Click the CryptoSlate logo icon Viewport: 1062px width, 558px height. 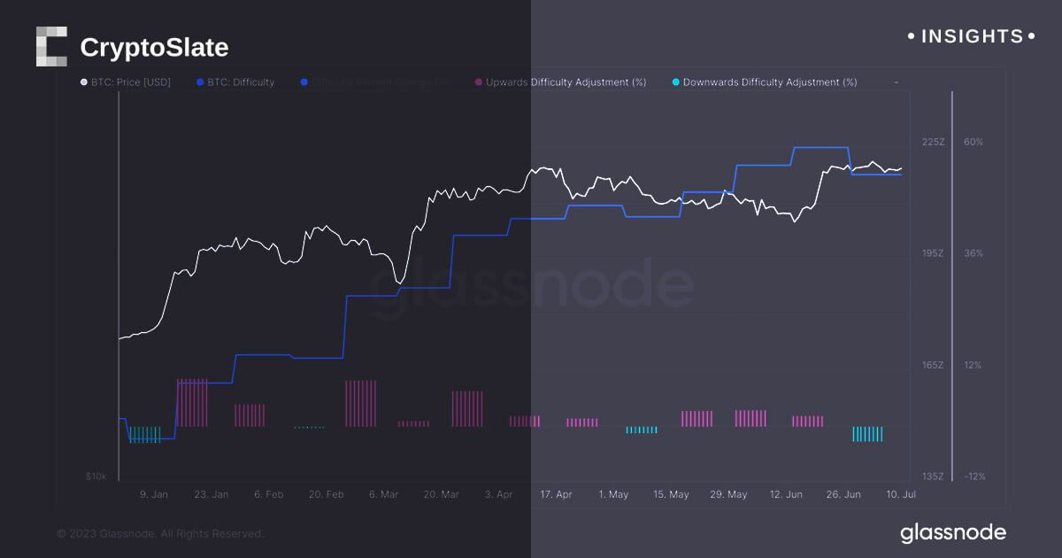coord(51,46)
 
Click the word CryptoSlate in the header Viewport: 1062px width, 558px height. coord(154,47)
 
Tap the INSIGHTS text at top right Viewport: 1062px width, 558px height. coord(972,36)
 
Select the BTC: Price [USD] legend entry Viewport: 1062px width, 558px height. coord(126,82)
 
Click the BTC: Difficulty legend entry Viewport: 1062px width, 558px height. coord(236,82)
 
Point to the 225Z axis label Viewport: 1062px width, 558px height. coord(934,142)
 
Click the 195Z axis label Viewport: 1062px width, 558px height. coord(934,253)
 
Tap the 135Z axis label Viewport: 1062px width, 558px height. coord(934,477)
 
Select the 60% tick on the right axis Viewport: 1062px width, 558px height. coord(973,142)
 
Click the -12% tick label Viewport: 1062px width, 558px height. coord(974,477)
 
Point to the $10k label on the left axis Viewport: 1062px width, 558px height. coord(96,477)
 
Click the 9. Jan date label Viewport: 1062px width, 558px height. coord(154,494)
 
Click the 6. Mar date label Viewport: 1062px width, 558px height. coord(383,494)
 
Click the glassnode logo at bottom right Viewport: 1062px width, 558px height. coord(953,532)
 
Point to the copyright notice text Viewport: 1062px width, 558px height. coord(160,534)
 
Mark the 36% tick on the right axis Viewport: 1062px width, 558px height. coord(973,253)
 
